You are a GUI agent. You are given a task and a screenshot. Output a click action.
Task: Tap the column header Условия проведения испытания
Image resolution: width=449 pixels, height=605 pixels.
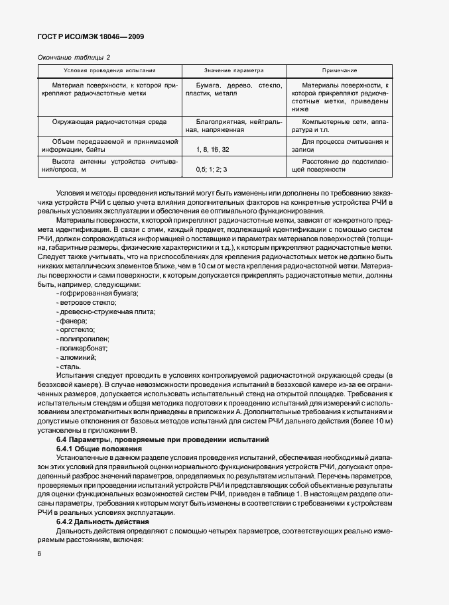[x=109, y=70]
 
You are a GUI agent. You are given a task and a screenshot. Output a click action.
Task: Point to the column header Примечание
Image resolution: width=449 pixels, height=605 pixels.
[x=340, y=70]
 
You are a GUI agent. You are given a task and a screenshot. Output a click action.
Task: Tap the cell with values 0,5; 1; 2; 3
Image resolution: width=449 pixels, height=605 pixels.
[x=211, y=170]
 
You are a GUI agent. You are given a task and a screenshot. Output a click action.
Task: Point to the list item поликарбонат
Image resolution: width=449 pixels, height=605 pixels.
[x=83, y=347]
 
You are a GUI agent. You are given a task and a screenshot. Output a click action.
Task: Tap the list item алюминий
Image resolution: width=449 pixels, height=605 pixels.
[x=78, y=357]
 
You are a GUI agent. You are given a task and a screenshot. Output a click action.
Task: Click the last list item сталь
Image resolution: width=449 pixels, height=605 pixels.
[x=70, y=366]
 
